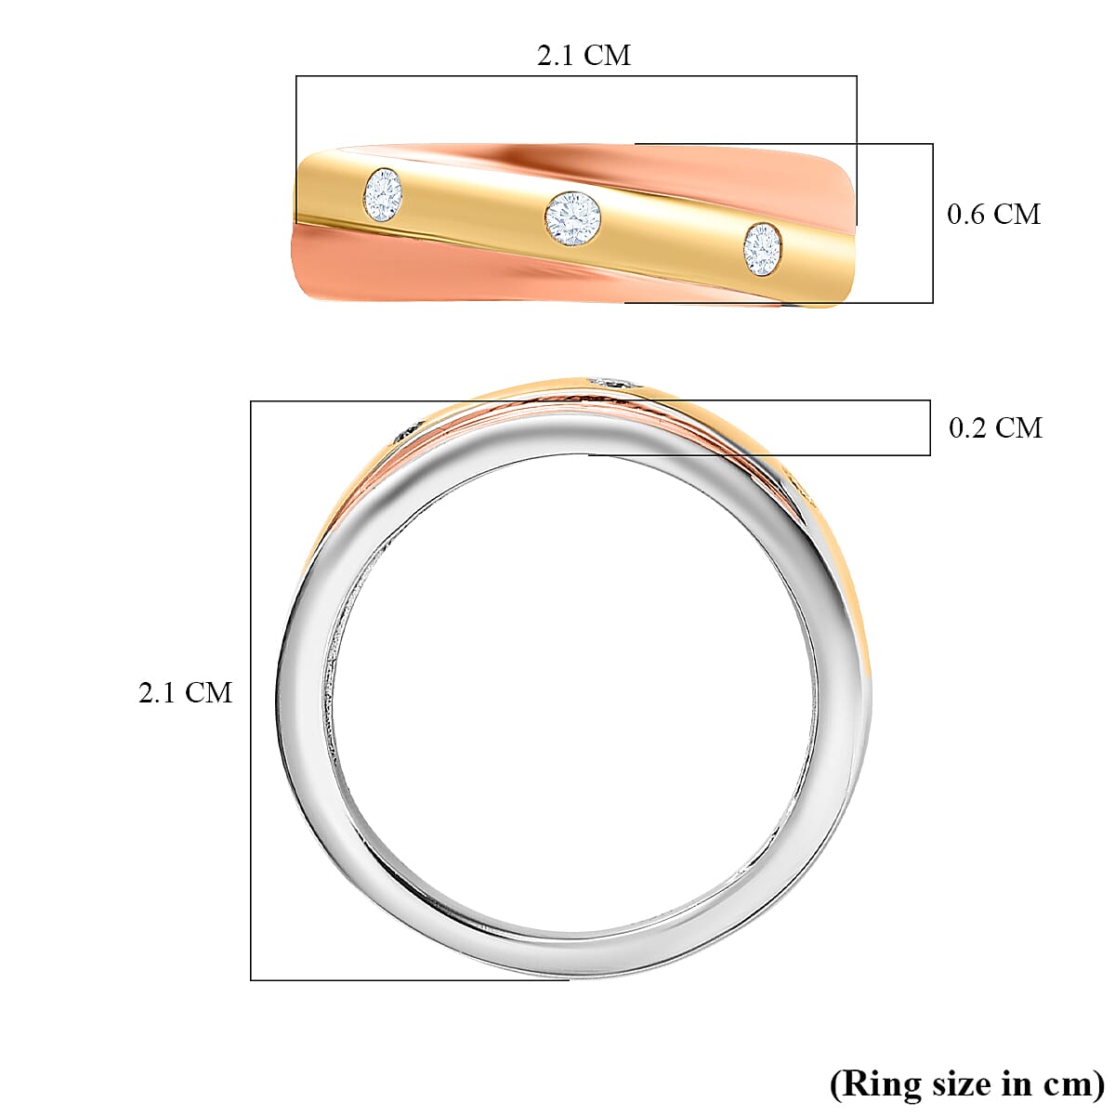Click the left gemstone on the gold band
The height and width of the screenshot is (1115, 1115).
click(383, 195)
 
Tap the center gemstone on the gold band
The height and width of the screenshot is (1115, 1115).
click(572, 218)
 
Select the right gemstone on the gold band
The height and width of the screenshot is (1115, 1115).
click(762, 249)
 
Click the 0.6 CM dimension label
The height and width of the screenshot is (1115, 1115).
click(993, 214)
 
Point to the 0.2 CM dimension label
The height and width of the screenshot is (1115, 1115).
click(995, 427)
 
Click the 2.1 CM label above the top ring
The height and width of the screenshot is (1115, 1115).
click(584, 56)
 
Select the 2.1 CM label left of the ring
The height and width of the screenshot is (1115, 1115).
click(185, 692)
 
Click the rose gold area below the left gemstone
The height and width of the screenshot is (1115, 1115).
click(372, 265)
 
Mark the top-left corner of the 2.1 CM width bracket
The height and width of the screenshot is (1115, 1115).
click(296, 76)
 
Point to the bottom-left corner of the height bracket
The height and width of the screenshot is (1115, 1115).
click(251, 979)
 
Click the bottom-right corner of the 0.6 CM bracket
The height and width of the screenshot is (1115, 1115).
click(932, 302)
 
